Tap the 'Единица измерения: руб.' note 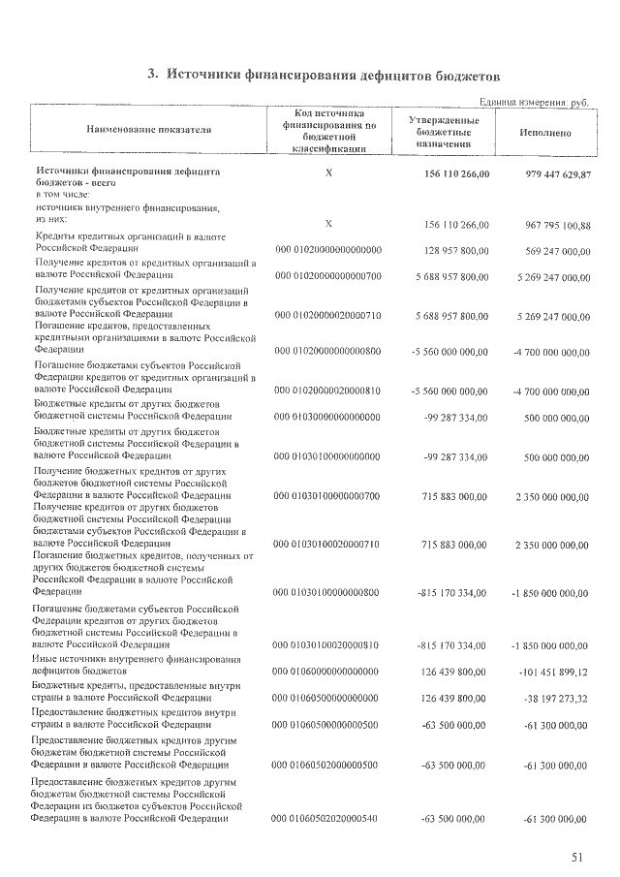point(535,102)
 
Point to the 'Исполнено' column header point(544,133)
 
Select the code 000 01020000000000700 point(328,277)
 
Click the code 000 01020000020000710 point(328,316)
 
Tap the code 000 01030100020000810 point(328,645)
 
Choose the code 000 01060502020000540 point(328,820)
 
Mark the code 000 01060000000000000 point(328,671)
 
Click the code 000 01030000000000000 point(328,417)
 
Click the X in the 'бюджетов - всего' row point(328,172)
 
